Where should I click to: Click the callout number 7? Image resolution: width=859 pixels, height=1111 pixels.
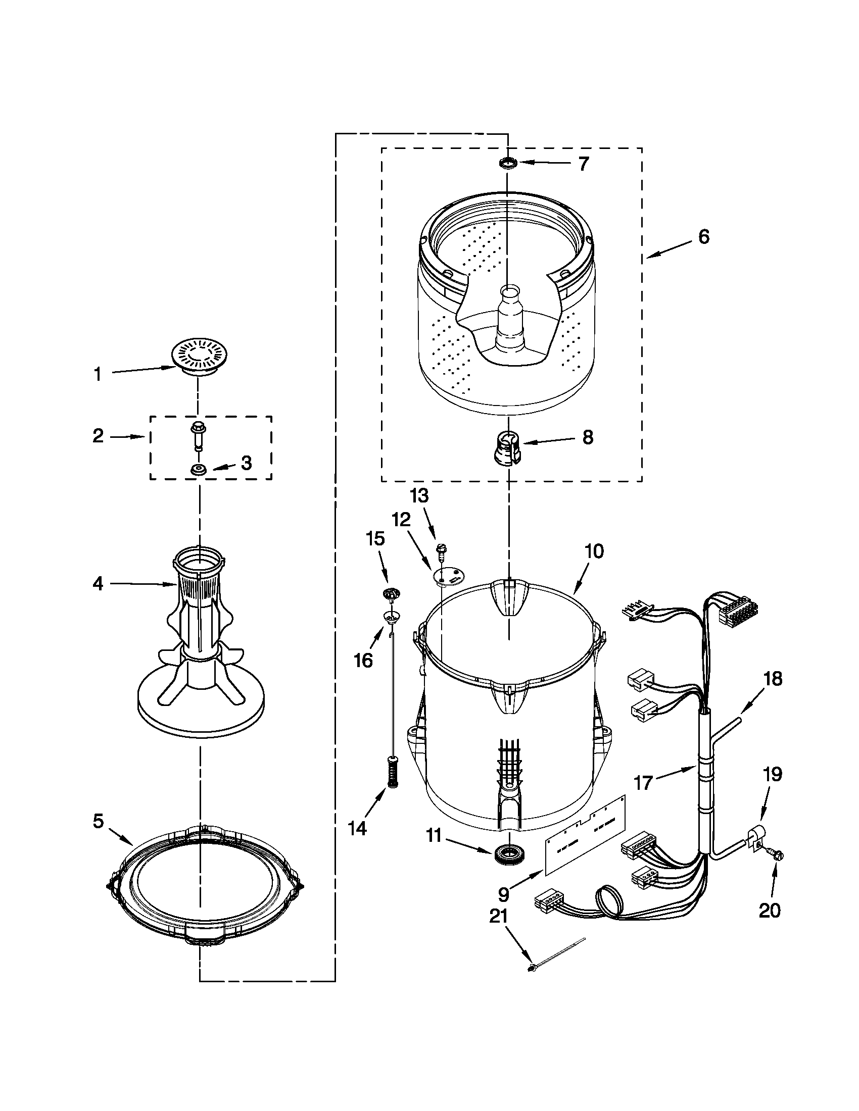click(584, 164)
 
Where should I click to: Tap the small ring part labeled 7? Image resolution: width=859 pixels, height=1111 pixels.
click(508, 163)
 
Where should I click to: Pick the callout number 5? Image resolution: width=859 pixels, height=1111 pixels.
click(98, 821)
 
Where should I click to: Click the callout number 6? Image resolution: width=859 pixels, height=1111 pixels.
click(703, 237)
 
